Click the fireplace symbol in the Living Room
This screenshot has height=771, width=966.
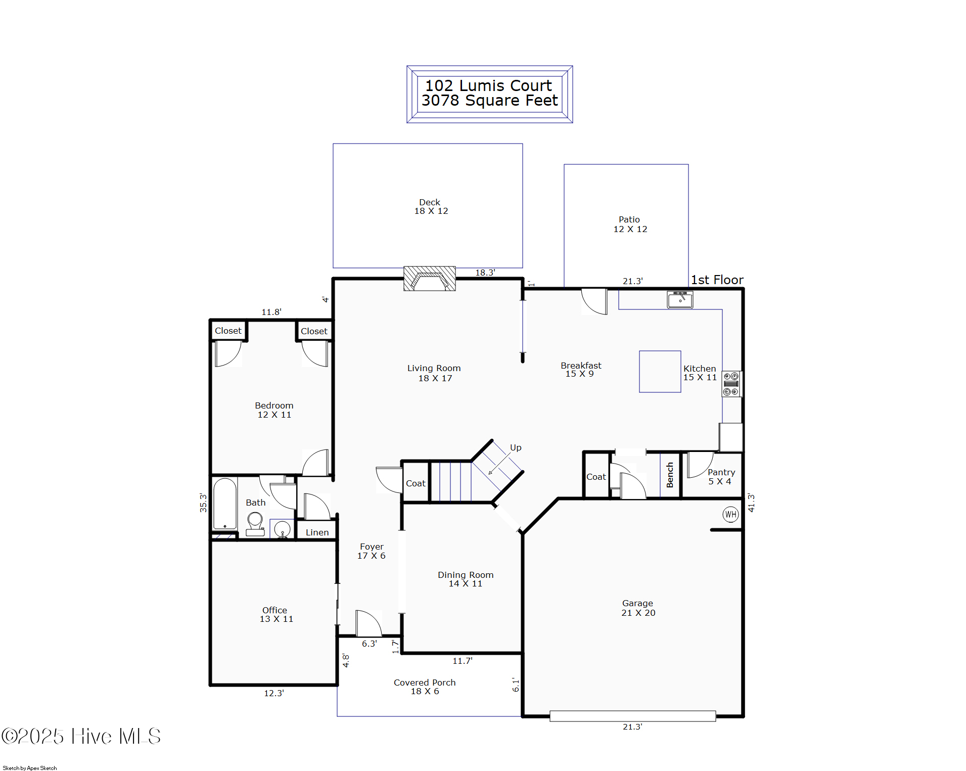[x=429, y=279]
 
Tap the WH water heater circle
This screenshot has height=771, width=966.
[x=730, y=515]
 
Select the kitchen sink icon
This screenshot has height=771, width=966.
[x=680, y=300]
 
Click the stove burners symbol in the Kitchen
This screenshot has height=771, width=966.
[x=731, y=384]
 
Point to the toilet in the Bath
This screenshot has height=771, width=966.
[x=255, y=523]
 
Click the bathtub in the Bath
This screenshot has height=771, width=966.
[x=225, y=504]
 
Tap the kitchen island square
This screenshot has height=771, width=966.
[x=660, y=372]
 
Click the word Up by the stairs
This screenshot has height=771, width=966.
[x=516, y=447]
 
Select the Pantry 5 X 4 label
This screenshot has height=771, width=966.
[x=721, y=477]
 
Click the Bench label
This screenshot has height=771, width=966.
[x=670, y=475]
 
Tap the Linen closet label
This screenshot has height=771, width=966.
[x=317, y=532]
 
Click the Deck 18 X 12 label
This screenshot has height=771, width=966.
[x=431, y=207]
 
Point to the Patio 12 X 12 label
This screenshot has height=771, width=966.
[x=630, y=224]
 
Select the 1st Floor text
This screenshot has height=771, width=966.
[x=717, y=280]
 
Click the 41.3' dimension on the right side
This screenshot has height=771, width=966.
[x=751, y=503]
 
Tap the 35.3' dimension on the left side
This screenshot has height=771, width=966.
[x=203, y=503]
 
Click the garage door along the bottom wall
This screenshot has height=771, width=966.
[x=632, y=716]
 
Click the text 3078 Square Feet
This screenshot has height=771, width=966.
[x=489, y=101]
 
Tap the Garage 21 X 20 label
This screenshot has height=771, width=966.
[x=638, y=608]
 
